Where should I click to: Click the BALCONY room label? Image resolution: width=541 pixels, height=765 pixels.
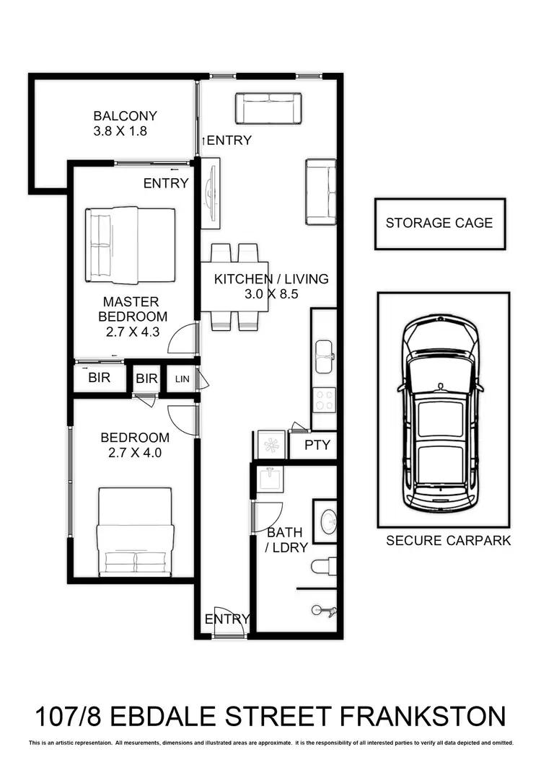click(125, 116)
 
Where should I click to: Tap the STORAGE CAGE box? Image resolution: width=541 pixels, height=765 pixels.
click(439, 223)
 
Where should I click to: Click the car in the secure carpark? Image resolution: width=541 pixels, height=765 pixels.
click(441, 413)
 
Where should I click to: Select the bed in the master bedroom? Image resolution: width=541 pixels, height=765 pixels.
click(131, 245)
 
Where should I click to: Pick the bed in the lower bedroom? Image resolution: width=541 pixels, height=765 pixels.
click(135, 532)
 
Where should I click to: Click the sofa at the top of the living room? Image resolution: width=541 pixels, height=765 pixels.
click(268, 108)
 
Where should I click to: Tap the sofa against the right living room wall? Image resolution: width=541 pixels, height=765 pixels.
click(321, 192)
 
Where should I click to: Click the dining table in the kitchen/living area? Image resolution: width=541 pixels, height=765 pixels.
click(234, 287)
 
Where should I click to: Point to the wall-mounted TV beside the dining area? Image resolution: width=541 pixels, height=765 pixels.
click(210, 193)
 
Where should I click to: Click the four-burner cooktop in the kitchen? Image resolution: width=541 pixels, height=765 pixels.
click(324, 399)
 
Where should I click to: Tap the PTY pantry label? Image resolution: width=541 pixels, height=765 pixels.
click(317, 445)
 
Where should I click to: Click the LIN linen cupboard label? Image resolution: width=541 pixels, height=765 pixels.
click(182, 379)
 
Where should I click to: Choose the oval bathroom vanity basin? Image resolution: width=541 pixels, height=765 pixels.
click(327, 521)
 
